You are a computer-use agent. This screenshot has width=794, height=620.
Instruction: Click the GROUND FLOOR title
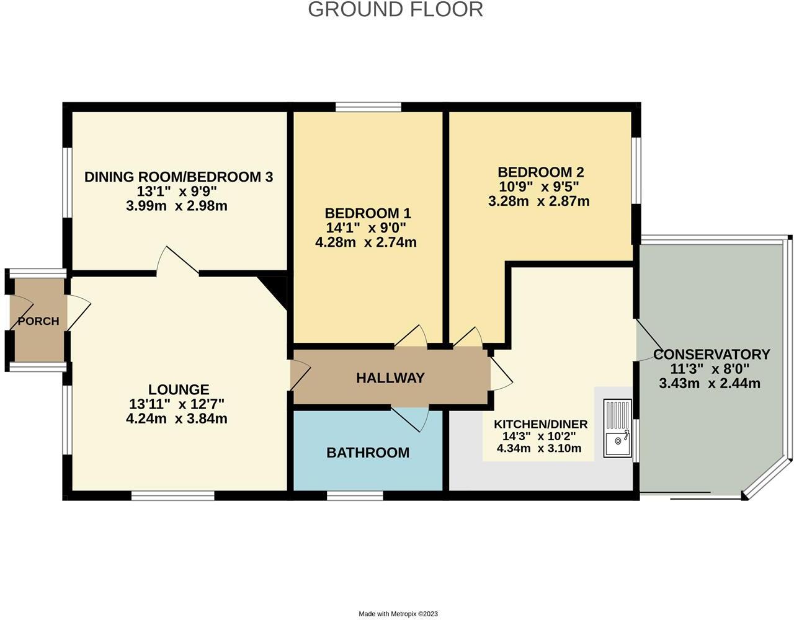[x=395, y=10]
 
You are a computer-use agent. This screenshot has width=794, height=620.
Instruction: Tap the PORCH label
[x=38, y=321]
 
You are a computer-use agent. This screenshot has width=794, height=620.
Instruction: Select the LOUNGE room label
[x=179, y=389]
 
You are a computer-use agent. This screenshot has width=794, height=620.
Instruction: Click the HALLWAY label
[x=390, y=378]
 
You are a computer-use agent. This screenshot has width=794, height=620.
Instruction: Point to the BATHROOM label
[x=368, y=453]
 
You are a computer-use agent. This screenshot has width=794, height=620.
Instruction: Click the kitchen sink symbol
[x=617, y=428]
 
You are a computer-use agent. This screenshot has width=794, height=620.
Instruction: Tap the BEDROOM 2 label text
[x=540, y=172]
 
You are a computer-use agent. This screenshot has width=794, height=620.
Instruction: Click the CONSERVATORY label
[x=711, y=355]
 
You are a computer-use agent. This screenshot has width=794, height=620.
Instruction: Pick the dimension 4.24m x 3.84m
[x=177, y=419]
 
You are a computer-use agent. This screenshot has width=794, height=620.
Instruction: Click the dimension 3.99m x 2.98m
[x=177, y=206]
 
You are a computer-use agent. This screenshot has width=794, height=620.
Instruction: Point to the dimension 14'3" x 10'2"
[x=540, y=436]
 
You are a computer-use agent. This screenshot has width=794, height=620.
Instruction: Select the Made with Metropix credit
[x=398, y=614]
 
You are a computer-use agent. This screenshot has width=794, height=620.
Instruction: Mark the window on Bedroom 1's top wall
[x=368, y=107]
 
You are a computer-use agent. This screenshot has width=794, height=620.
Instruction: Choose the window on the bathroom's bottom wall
[x=355, y=495]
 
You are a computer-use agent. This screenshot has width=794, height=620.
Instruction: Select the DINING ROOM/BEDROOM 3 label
[x=179, y=177]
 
